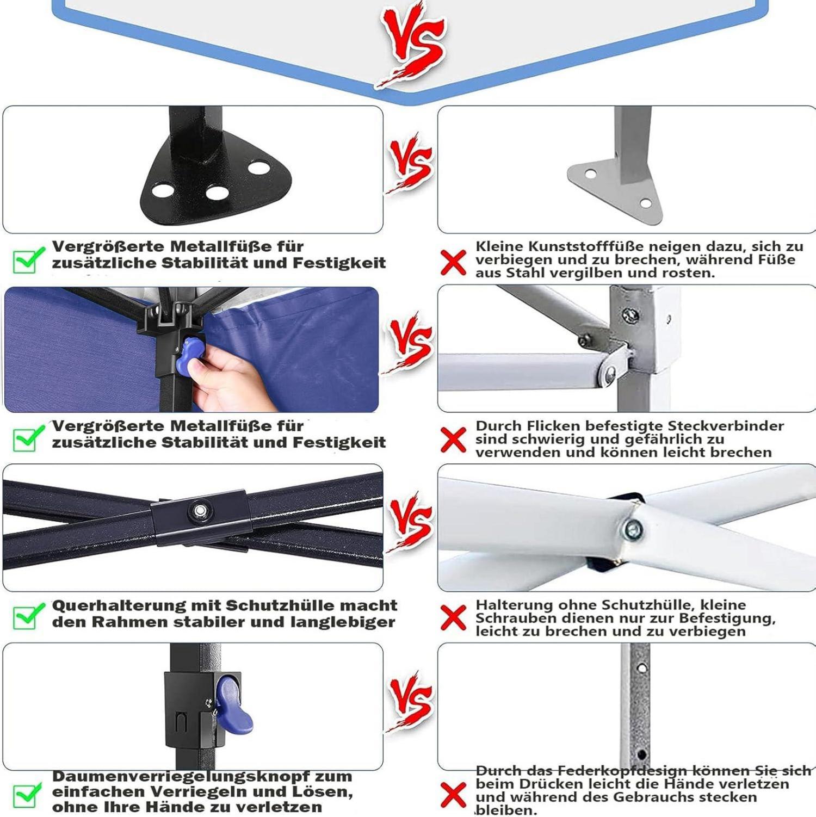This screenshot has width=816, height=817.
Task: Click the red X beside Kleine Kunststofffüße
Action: [x=453, y=262]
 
